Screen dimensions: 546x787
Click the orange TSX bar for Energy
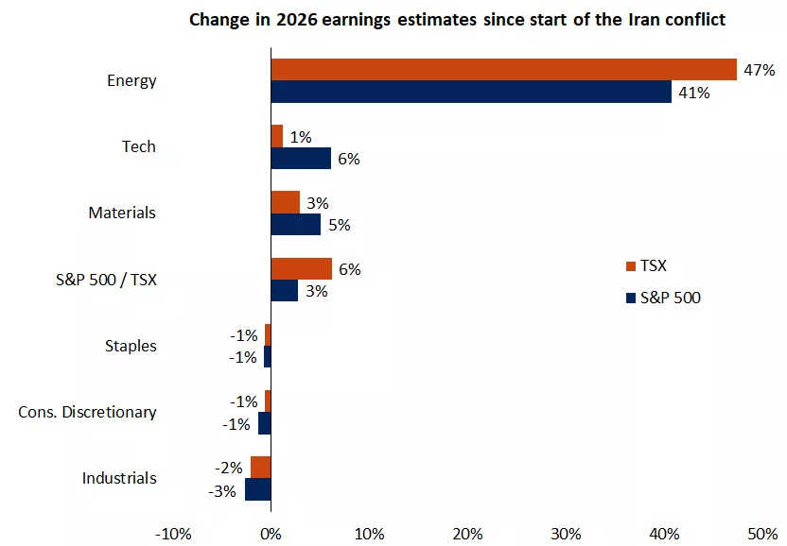[503, 70]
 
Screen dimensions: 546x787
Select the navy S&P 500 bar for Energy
[471, 92]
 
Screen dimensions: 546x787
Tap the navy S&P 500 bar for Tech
[301, 158]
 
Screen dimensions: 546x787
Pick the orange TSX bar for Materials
[286, 202]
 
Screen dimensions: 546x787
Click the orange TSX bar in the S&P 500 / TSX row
[301, 269]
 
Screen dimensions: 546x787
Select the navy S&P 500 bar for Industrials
[258, 489]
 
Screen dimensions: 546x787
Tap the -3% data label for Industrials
[222, 490]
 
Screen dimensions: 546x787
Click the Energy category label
[131, 81]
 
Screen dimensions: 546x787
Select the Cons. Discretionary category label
[87, 412]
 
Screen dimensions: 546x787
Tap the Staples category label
[131, 346]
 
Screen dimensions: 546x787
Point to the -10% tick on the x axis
[172, 534]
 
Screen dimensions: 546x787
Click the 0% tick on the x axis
[271, 534]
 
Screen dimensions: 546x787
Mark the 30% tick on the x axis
[566, 534]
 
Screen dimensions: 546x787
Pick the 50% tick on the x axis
[762, 534]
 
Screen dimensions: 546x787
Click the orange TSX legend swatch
[631, 266]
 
